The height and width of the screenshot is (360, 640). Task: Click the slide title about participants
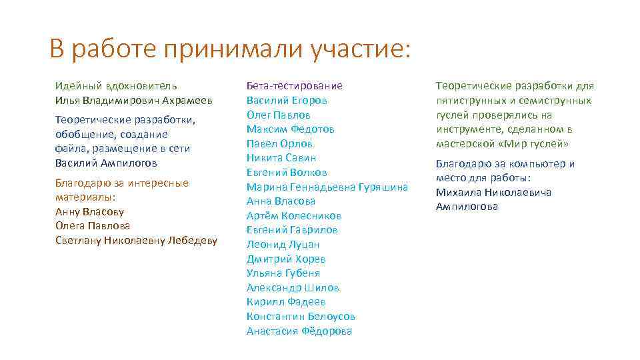(231, 49)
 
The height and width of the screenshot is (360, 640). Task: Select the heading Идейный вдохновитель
(116, 86)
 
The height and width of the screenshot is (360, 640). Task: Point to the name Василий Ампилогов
(107, 163)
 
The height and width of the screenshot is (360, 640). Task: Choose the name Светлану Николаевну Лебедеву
(136, 241)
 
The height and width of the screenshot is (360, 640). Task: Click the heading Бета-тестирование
(294, 86)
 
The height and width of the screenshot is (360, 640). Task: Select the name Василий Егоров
(287, 101)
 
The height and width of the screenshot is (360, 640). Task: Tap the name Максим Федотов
(290, 129)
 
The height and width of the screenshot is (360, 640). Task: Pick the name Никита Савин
(281, 158)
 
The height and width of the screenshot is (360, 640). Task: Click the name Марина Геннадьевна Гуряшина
(327, 187)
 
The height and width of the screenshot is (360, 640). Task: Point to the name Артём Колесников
(294, 215)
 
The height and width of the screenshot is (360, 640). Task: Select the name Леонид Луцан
(283, 245)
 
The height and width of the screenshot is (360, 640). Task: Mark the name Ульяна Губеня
(283, 273)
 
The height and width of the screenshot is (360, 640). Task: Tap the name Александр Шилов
(293, 288)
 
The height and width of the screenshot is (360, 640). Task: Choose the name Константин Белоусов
(301, 317)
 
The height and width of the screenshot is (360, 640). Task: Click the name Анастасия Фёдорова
(299, 331)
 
